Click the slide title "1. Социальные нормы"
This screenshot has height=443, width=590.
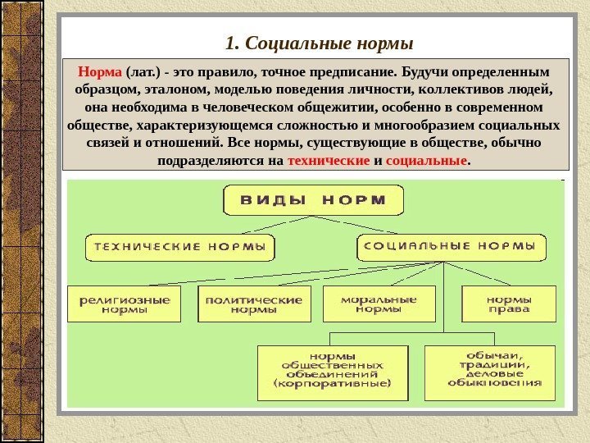[x=319, y=42]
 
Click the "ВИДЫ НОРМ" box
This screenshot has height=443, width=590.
[x=314, y=200]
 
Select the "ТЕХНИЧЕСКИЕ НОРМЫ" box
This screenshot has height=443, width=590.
[x=180, y=246]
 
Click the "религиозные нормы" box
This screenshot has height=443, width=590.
[x=125, y=304]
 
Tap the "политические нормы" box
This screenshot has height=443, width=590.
[x=254, y=304]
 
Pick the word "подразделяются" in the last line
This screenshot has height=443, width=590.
[x=211, y=162]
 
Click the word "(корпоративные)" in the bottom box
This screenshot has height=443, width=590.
[x=332, y=383]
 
